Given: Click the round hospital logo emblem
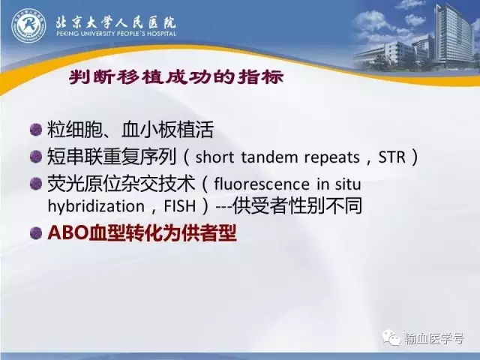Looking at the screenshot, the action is click(x=28, y=25).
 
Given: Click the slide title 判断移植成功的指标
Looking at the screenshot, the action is click(x=176, y=77).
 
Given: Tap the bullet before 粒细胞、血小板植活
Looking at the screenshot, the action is click(x=36, y=130).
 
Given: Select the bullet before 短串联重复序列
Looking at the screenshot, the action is click(x=36, y=157).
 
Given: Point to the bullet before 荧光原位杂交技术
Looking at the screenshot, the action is click(x=36, y=184).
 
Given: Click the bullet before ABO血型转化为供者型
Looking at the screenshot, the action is click(x=36, y=233).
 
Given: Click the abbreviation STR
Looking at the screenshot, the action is click(x=391, y=157).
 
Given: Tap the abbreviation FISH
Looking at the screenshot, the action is click(x=180, y=206).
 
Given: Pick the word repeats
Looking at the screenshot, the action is click(x=331, y=158).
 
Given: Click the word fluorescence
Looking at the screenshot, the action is click(x=262, y=184).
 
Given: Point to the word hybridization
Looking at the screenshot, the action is click(x=96, y=206).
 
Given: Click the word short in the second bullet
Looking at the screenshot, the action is click(x=214, y=157).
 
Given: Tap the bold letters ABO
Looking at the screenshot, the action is click(x=68, y=233).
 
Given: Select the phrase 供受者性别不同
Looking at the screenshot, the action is click(x=297, y=206).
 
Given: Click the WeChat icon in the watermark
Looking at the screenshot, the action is click(x=391, y=337).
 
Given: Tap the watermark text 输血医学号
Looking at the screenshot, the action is click(x=433, y=338).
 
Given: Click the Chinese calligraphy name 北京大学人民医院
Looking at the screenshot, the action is click(x=115, y=22).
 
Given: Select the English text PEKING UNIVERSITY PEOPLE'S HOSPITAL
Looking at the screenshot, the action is click(x=116, y=33).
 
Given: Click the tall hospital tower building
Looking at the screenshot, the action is click(x=454, y=35).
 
